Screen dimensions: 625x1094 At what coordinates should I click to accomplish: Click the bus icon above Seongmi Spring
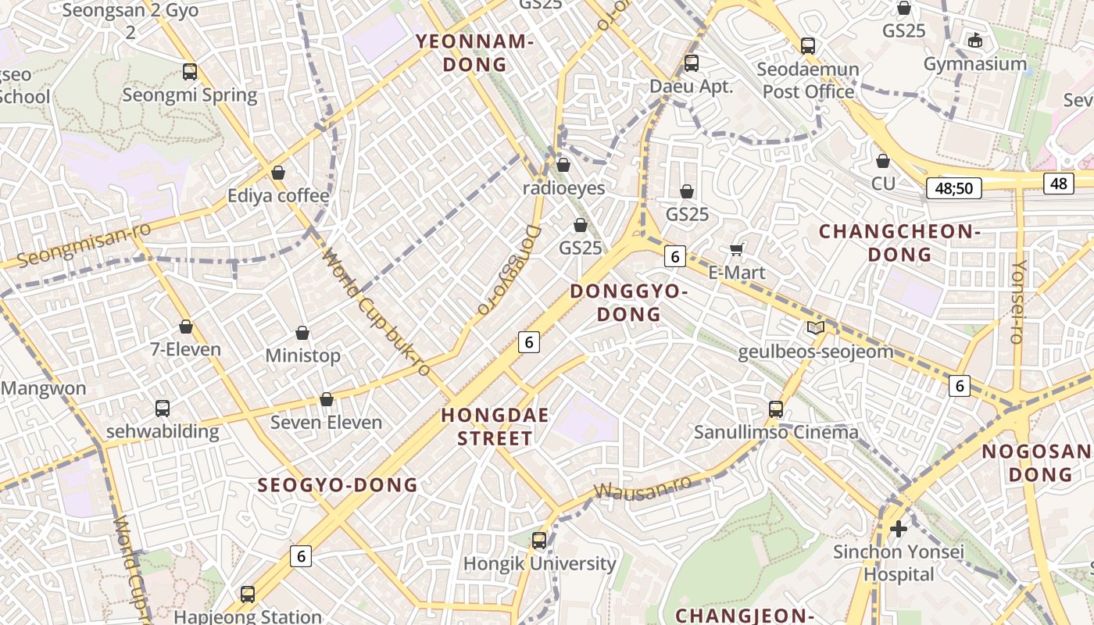click(x=190, y=72)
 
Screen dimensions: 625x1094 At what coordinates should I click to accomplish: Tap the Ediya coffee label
click(x=277, y=195)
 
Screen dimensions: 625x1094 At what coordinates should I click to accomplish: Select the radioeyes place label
click(x=563, y=188)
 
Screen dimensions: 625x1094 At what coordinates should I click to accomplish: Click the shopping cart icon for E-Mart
click(x=736, y=249)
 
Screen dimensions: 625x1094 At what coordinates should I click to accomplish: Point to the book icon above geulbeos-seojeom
click(x=815, y=328)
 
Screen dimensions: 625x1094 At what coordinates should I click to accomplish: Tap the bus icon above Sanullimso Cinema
click(x=776, y=409)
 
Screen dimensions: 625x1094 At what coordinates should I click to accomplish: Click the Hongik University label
click(x=539, y=563)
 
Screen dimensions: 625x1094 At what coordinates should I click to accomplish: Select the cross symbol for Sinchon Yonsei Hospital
click(x=899, y=529)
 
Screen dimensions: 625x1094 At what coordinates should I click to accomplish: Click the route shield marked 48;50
click(x=953, y=188)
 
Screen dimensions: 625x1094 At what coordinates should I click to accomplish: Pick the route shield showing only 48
click(x=1058, y=184)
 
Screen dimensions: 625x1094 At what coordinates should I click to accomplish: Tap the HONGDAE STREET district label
click(x=495, y=427)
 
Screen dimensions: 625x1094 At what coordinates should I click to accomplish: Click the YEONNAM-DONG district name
click(x=474, y=53)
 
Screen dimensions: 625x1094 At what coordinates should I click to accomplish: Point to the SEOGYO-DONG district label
click(x=338, y=485)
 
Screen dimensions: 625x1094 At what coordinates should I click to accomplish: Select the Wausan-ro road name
click(x=642, y=487)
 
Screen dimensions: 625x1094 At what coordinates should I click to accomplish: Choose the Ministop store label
click(x=302, y=356)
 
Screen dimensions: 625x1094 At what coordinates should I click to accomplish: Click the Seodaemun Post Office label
click(x=808, y=80)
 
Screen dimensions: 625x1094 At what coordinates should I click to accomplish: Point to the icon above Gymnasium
click(x=974, y=40)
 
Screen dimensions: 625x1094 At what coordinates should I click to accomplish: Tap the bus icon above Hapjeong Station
click(x=248, y=594)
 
